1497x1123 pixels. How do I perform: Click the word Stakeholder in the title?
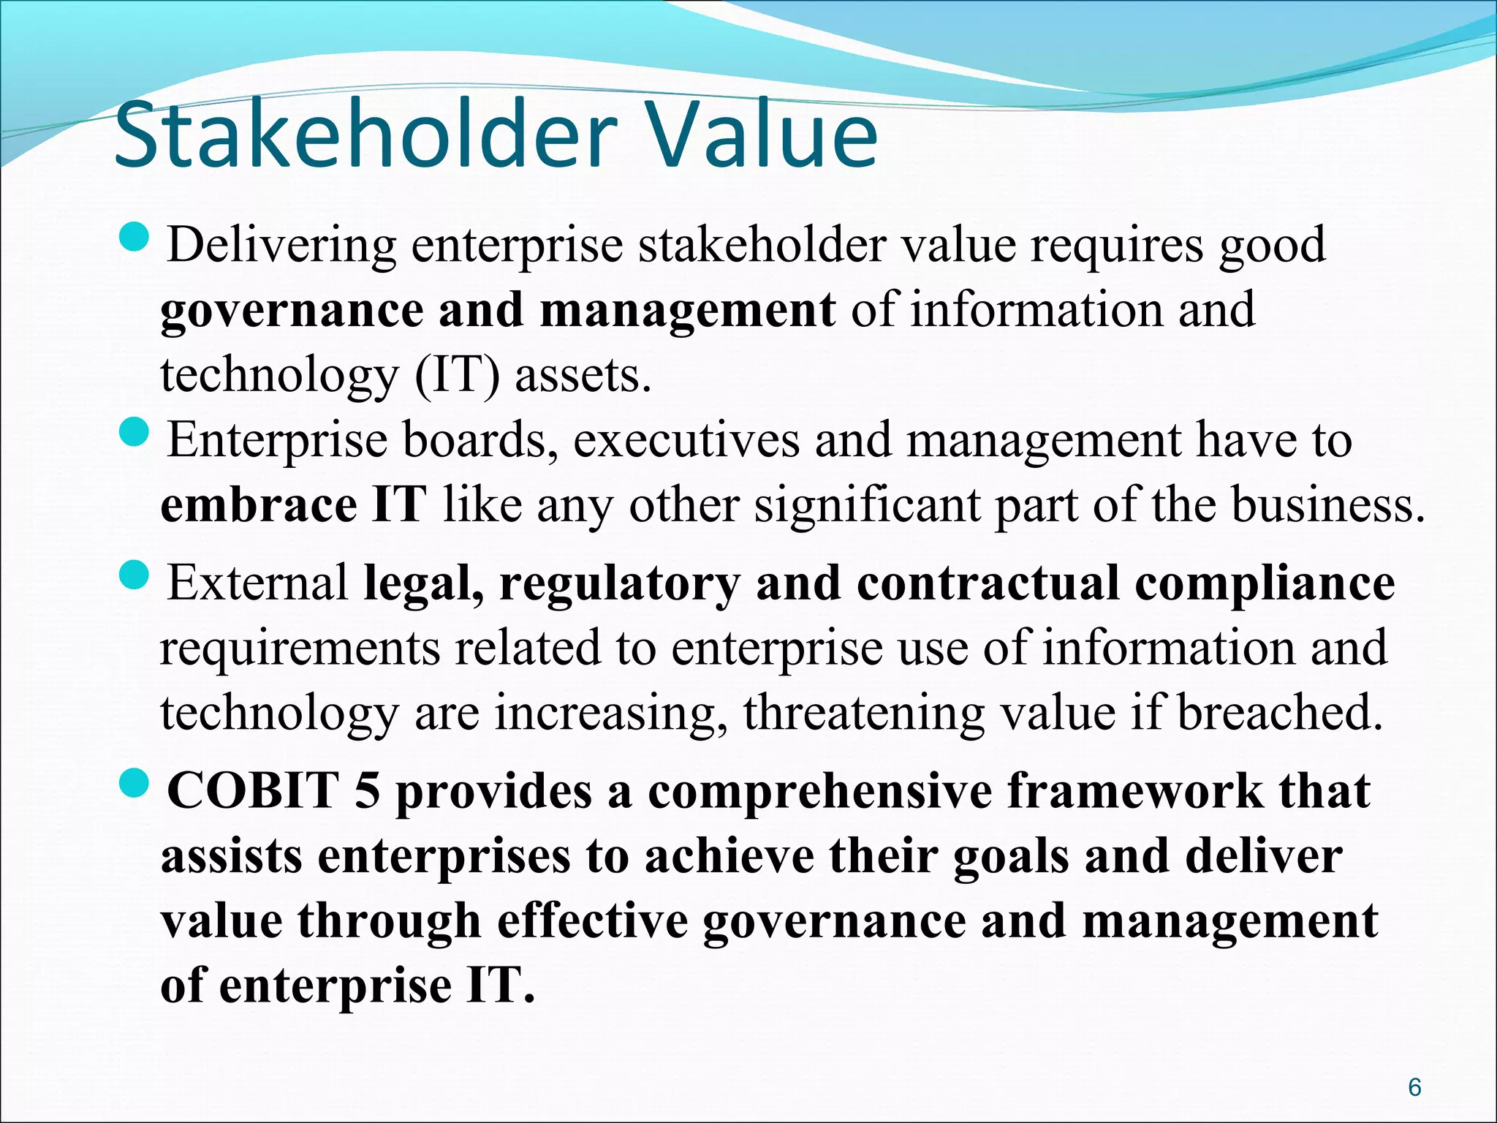pyautogui.click(x=361, y=136)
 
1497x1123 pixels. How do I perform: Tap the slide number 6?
pyautogui.click(x=1414, y=1087)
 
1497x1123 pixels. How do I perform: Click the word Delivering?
pyautogui.click(x=281, y=246)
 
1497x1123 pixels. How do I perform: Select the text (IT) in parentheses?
pyautogui.click(x=458, y=376)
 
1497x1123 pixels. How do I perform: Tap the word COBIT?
pyautogui.click(x=252, y=792)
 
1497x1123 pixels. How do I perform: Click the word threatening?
pyautogui.click(x=863, y=713)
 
